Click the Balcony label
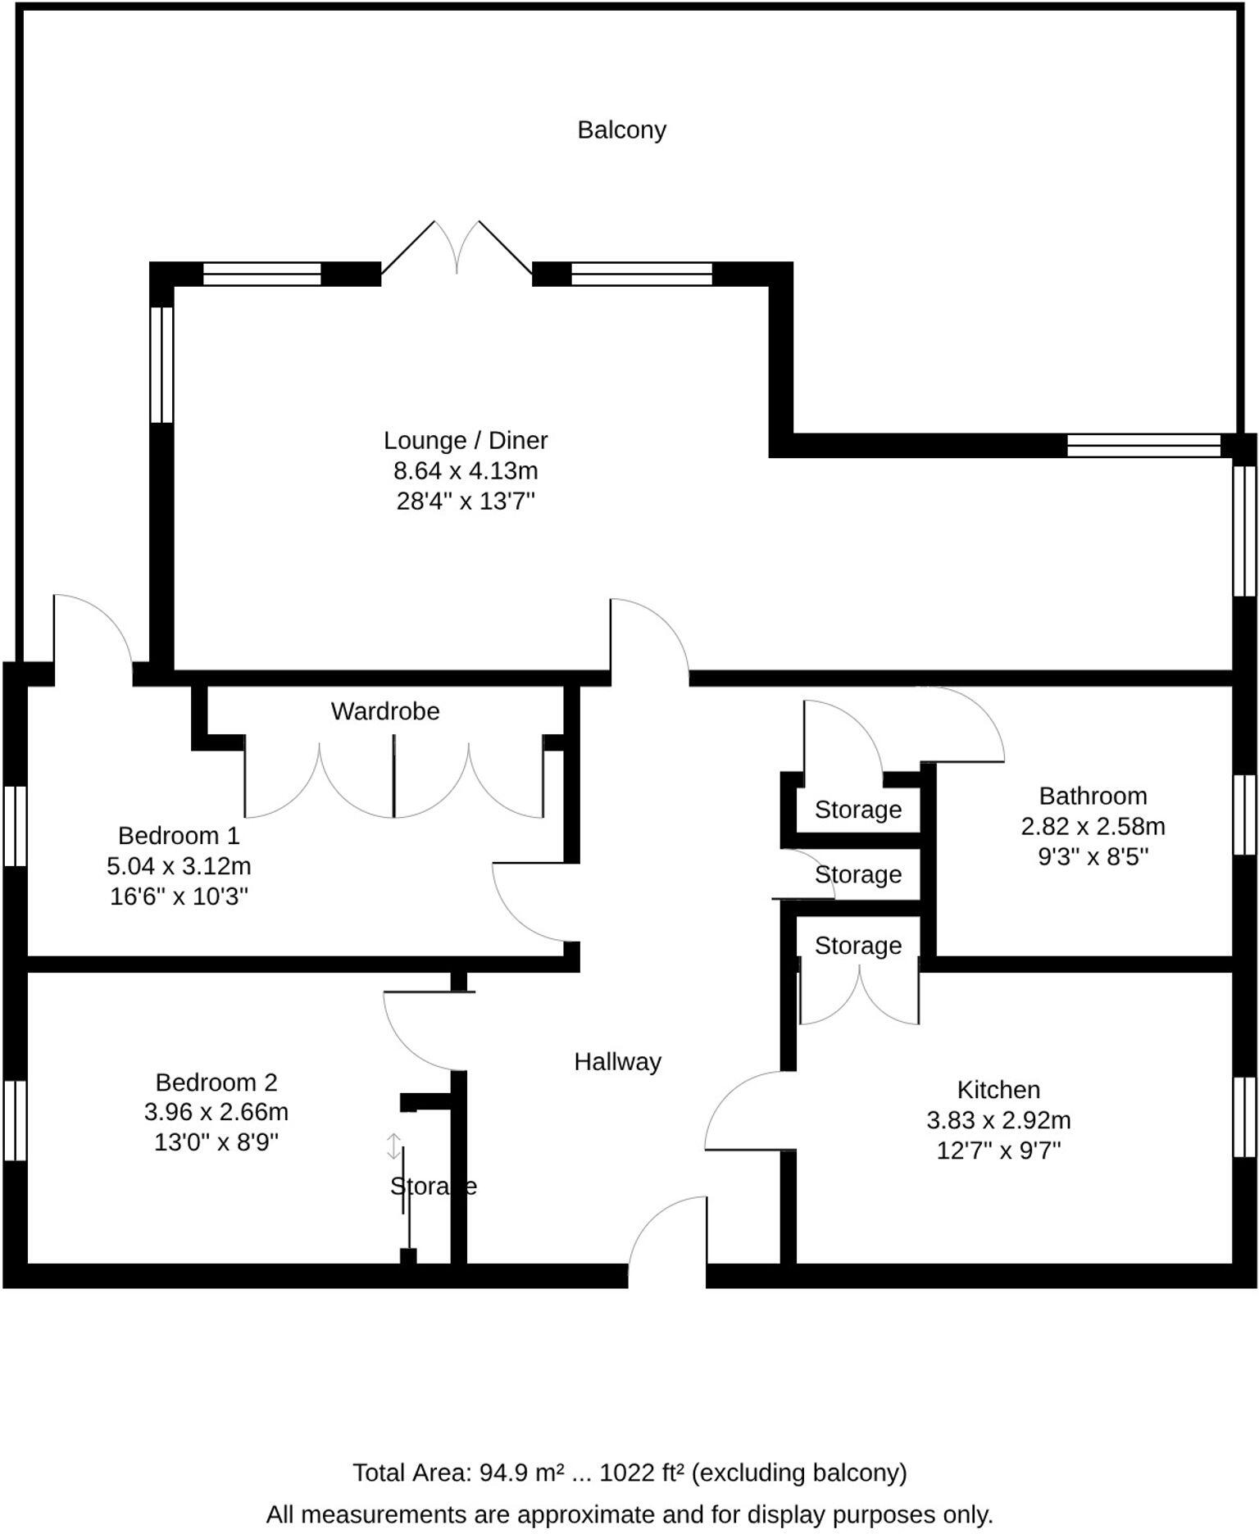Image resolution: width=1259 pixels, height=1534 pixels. [x=621, y=129]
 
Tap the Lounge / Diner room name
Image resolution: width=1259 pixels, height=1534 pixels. [x=466, y=440]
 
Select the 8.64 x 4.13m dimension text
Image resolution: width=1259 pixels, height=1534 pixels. [x=466, y=470]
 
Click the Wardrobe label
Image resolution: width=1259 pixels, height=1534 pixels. [x=385, y=710]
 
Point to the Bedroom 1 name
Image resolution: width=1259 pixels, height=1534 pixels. [x=179, y=835]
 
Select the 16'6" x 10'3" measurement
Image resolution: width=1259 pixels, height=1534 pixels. [x=179, y=896]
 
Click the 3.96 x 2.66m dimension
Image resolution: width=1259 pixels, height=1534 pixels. [x=216, y=1112]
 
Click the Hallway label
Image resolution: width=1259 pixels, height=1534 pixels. [x=617, y=1061]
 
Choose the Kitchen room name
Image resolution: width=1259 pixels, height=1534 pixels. [x=998, y=1089]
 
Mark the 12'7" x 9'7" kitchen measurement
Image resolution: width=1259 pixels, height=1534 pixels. [x=998, y=1150]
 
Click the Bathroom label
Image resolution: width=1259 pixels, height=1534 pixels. [x=1093, y=796]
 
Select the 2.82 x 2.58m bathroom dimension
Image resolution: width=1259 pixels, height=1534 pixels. [x=1093, y=826]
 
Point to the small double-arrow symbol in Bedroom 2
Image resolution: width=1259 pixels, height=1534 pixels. [x=393, y=1146]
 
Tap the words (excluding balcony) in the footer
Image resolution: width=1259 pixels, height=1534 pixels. [x=799, y=1473]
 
